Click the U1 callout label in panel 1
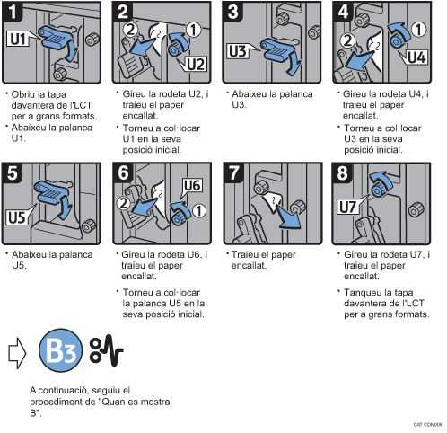pos(18,39)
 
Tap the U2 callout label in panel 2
pos(196,64)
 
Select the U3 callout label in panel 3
pos(238,51)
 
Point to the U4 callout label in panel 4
pos(416,57)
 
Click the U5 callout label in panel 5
pos(17,217)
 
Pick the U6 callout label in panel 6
pos(192,186)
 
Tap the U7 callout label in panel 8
pos(347,207)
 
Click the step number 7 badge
pos(234,172)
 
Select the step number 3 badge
pos(232,12)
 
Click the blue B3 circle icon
pos(60,350)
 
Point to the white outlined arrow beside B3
pos(17,353)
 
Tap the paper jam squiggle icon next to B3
pos(107,350)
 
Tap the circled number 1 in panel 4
pos(418,30)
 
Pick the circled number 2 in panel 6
pos(123,203)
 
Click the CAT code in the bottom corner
pos(427,424)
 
